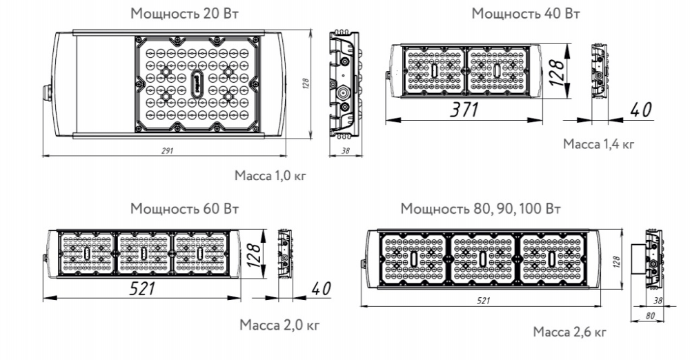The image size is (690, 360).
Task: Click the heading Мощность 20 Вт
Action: (x=184, y=14)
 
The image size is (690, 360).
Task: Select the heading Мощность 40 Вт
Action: (x=526, y=14)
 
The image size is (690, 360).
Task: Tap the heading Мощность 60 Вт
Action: (x=184, y=208)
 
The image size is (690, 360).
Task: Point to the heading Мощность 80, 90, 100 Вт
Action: (x=480, y=208)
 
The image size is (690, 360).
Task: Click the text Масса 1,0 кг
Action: (x=270, y=176)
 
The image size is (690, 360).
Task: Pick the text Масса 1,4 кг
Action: (x=599, y=144)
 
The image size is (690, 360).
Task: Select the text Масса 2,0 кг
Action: (x=279, y=326)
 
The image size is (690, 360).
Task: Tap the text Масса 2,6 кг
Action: (x=569, y=332)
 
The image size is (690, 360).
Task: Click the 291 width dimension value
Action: (x=167, y=150)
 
